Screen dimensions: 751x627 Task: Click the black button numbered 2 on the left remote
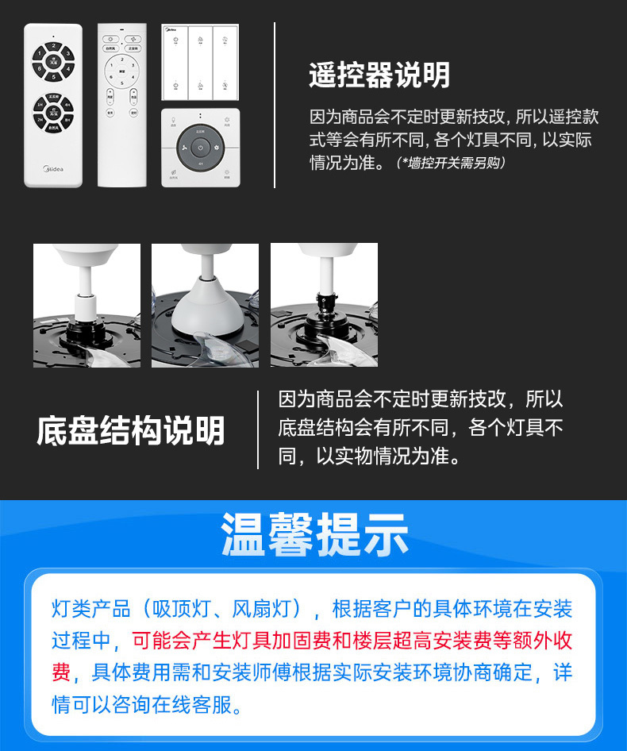(x=53, y=45)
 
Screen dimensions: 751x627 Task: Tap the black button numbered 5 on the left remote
(x=53, y=77)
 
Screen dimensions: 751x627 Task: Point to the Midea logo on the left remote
(x=53, y=168)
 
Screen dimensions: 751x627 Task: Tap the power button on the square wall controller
(x=201, y=147)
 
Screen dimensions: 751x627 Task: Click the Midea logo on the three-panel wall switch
(x=171, y=29)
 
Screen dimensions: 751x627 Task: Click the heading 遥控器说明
(x=379, y=75)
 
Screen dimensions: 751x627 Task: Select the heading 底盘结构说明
(x=131, y=431)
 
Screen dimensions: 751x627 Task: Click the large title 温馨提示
(x=314, y=534)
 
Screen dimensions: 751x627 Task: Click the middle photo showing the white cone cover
(x=205, y=305)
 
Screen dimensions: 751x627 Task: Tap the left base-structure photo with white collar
(x=87, y=305)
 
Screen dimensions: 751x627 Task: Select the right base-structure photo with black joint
(x=324, y=305)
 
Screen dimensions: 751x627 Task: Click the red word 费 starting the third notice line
(x=61, y=672)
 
